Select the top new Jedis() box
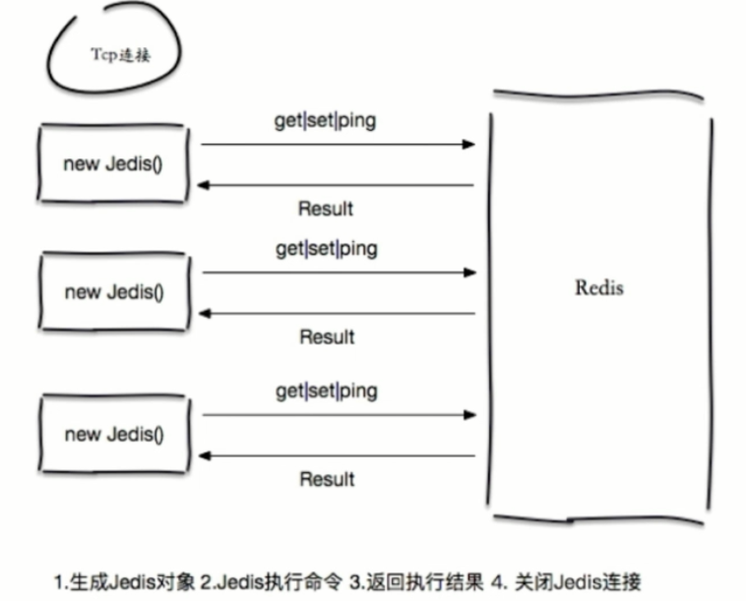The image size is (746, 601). [x=113, y=163]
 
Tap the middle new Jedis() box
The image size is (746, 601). [x=114, y=292]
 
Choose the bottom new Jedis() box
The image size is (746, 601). [x=114, y=434]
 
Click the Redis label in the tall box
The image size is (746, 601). [x=598, y=289]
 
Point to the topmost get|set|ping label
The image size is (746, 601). [x=326, y=122]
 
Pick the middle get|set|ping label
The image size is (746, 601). [x=326, y=249]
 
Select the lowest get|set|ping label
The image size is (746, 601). [x=326, y=391]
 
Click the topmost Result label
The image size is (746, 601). [x=326, y=209]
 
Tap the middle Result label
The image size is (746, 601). [x=326, y=337]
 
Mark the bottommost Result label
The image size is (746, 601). [x=326, y=480]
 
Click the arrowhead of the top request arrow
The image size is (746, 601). [x=470, y=145]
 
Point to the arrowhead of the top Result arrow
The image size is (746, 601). [x=204, y=185]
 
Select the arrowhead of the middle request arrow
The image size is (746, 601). [x=470, y=272]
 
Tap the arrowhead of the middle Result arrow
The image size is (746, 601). [x=204, y=314]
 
